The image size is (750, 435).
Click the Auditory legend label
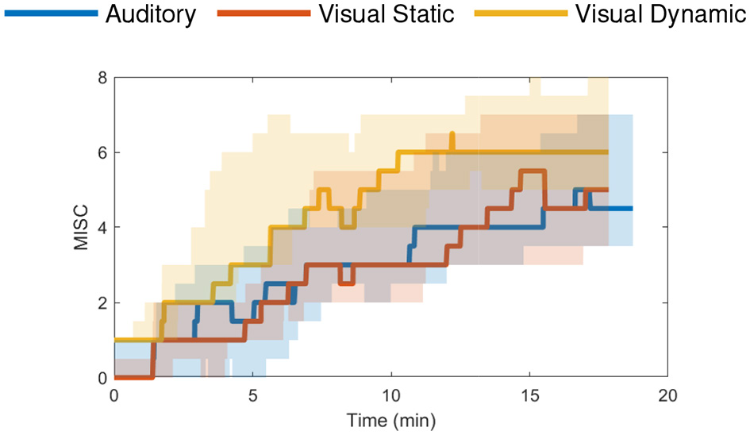pyautogui.click(x=151, y=15)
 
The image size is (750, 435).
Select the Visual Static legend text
pyautogui.click(x=386, y=15)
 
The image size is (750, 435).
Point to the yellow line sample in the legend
pyautogui.click(x=520, y=14)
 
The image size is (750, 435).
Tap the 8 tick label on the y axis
pyautogui.click(x=101, y=78)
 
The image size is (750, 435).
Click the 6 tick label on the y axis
pyautogui.click(x=101, y=152)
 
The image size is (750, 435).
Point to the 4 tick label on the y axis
pyautogui.click(x=101, y=228)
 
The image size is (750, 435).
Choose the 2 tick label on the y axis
pyautogui.click(x=101, y=303)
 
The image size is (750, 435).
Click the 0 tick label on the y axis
pyautogui.click(x=101, y=378)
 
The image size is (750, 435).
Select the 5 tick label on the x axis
pyautogui.click(x=252, y=395)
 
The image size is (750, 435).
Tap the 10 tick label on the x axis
pyautogui.click(x=390, y=395)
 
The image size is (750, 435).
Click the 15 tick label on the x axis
pyautogui.click(x=529, y=395)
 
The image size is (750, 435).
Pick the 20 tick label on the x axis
pyautogui.click(x=667, y=395)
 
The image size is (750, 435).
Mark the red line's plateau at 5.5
pyautogui.click(x=533, y=171)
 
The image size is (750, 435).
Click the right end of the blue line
pyautogui.click(x=631, y=209)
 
